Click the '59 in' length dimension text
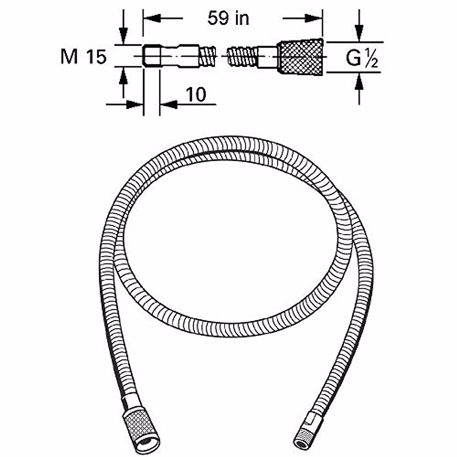click(x=228, y=18)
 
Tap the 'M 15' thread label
click(x=83, y=57)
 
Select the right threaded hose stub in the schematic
click(x=241, y=56)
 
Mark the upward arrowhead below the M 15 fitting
click(x=123, y=76)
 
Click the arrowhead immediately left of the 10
click(x=169, y=104)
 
